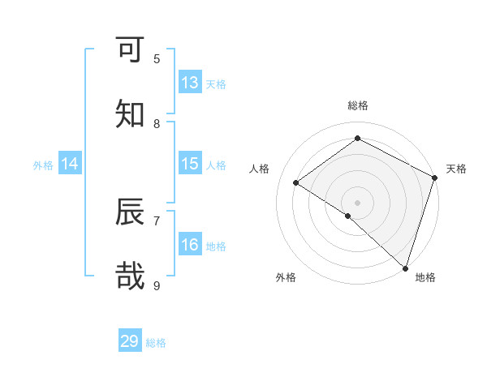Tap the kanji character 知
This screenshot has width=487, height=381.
[x=130, y=113]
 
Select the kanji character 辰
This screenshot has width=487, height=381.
[x=130, y=212]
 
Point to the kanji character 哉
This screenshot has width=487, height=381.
[x=130, y=276]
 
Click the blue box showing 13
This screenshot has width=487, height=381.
[x=189, y=82]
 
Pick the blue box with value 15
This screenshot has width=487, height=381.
[x=189, y=164]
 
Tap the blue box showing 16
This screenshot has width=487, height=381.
[x=189, y=245]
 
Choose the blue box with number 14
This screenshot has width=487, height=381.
[x=70, y=164]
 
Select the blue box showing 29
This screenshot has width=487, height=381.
[x=130, y=341]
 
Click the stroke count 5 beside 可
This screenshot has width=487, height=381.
[x=157, y=58]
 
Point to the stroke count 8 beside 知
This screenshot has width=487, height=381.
[x=157, y=123]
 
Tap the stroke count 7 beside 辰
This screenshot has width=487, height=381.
[x=157, y=220]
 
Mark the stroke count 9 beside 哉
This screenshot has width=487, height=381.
[x=157, y=285]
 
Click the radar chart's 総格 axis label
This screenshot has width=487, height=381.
[x=357, y=105]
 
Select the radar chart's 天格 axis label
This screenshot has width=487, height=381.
[x=456, y=169]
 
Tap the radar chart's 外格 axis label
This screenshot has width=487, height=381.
[x=286, y=277]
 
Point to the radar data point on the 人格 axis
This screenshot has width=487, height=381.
[x=296, y=182]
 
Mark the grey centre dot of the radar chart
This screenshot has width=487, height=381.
[x=357, y=202]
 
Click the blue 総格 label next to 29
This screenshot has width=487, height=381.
[x=156, y=343]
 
